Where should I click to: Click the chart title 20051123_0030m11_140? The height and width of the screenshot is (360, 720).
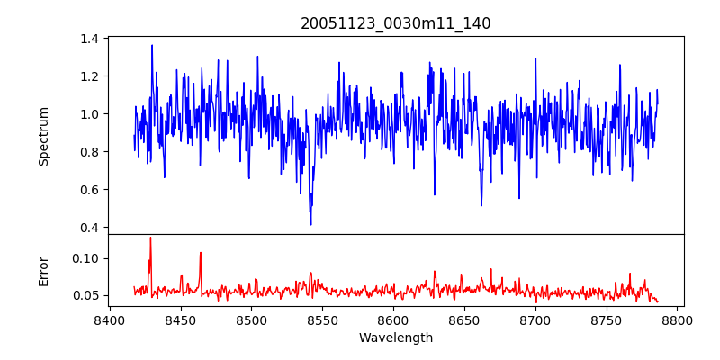click(x=396, y=23)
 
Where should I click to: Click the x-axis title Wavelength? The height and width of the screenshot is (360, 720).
click(x=396, y=337)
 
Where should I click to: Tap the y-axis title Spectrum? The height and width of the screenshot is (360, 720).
click(x=44, y=136)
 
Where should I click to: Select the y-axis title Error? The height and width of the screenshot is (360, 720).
click(x=44, y=270)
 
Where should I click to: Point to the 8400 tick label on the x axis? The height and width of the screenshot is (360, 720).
click(x=110, y=319)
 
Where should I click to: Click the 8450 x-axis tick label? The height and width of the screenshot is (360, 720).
click(x=181, y=319)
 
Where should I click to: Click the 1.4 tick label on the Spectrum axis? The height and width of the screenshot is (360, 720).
click(x=90, y=39)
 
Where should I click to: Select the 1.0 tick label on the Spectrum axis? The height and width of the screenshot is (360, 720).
click(x=90, y=114)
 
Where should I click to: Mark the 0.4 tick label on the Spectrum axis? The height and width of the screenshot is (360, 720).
click(x=90, y=228)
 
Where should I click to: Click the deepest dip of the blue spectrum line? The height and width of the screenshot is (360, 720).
click(x=310, y=224)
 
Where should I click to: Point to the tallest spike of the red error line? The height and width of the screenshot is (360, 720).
click(x=150, y=238)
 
